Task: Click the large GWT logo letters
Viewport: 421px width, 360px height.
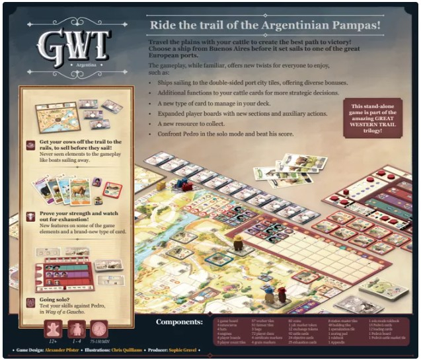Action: coord(73,43)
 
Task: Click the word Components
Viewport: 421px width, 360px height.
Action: coord(179,322)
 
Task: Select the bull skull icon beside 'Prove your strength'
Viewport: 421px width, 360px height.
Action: coord(31,217)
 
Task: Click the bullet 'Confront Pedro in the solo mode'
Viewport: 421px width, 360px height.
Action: coord(215,134)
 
